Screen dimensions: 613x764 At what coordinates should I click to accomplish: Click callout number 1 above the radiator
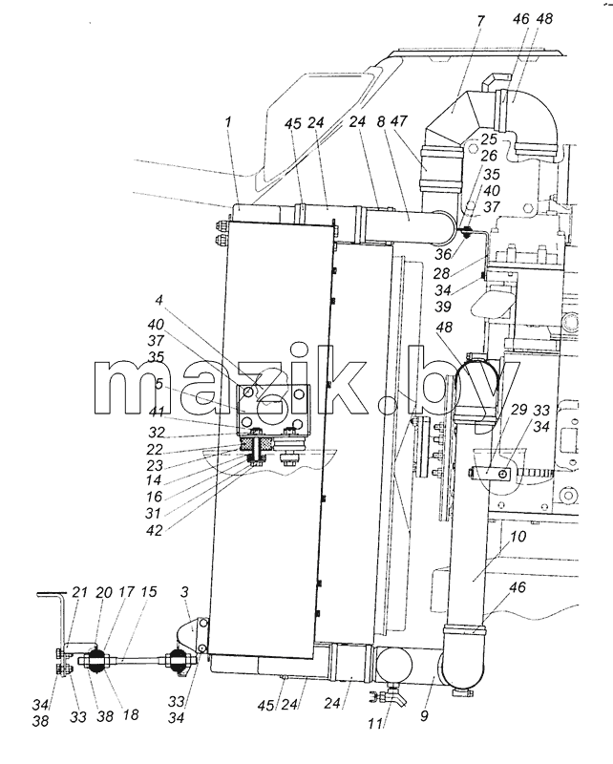[x=227, y=122]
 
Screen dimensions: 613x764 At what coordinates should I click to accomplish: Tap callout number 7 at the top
[x=480, y=22]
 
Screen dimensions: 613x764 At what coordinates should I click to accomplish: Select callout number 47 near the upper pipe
[x=398, y=121]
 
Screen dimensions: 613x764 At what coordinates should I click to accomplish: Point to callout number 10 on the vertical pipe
[x=518, y=537]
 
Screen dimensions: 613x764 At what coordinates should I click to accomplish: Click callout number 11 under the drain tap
[x=375, y=724]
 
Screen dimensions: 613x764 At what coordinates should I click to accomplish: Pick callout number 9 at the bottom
[x=425, y=715]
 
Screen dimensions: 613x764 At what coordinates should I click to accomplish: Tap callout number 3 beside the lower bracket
[x=185, y=592]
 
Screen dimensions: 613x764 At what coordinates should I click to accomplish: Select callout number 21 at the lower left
[x=79, y=592]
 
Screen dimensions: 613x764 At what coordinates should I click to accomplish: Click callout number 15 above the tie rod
[x=149, y=592]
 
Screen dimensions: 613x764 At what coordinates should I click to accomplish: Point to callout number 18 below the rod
[x=131, y=714]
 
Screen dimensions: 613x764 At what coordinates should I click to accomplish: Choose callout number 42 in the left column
[x=155, y=530]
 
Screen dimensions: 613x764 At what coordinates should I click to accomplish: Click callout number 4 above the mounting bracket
[x=159, y=300]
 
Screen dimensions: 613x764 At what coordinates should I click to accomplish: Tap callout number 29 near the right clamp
[x=518, y=410]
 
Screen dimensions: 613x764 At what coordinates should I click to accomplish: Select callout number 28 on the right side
[x=441, y=273]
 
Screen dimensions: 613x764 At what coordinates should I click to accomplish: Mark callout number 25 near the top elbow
[x=489, y=139]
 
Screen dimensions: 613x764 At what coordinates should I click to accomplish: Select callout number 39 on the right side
[x=442, y=307]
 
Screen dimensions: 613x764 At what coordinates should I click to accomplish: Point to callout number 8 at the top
[x=381, y=121]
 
